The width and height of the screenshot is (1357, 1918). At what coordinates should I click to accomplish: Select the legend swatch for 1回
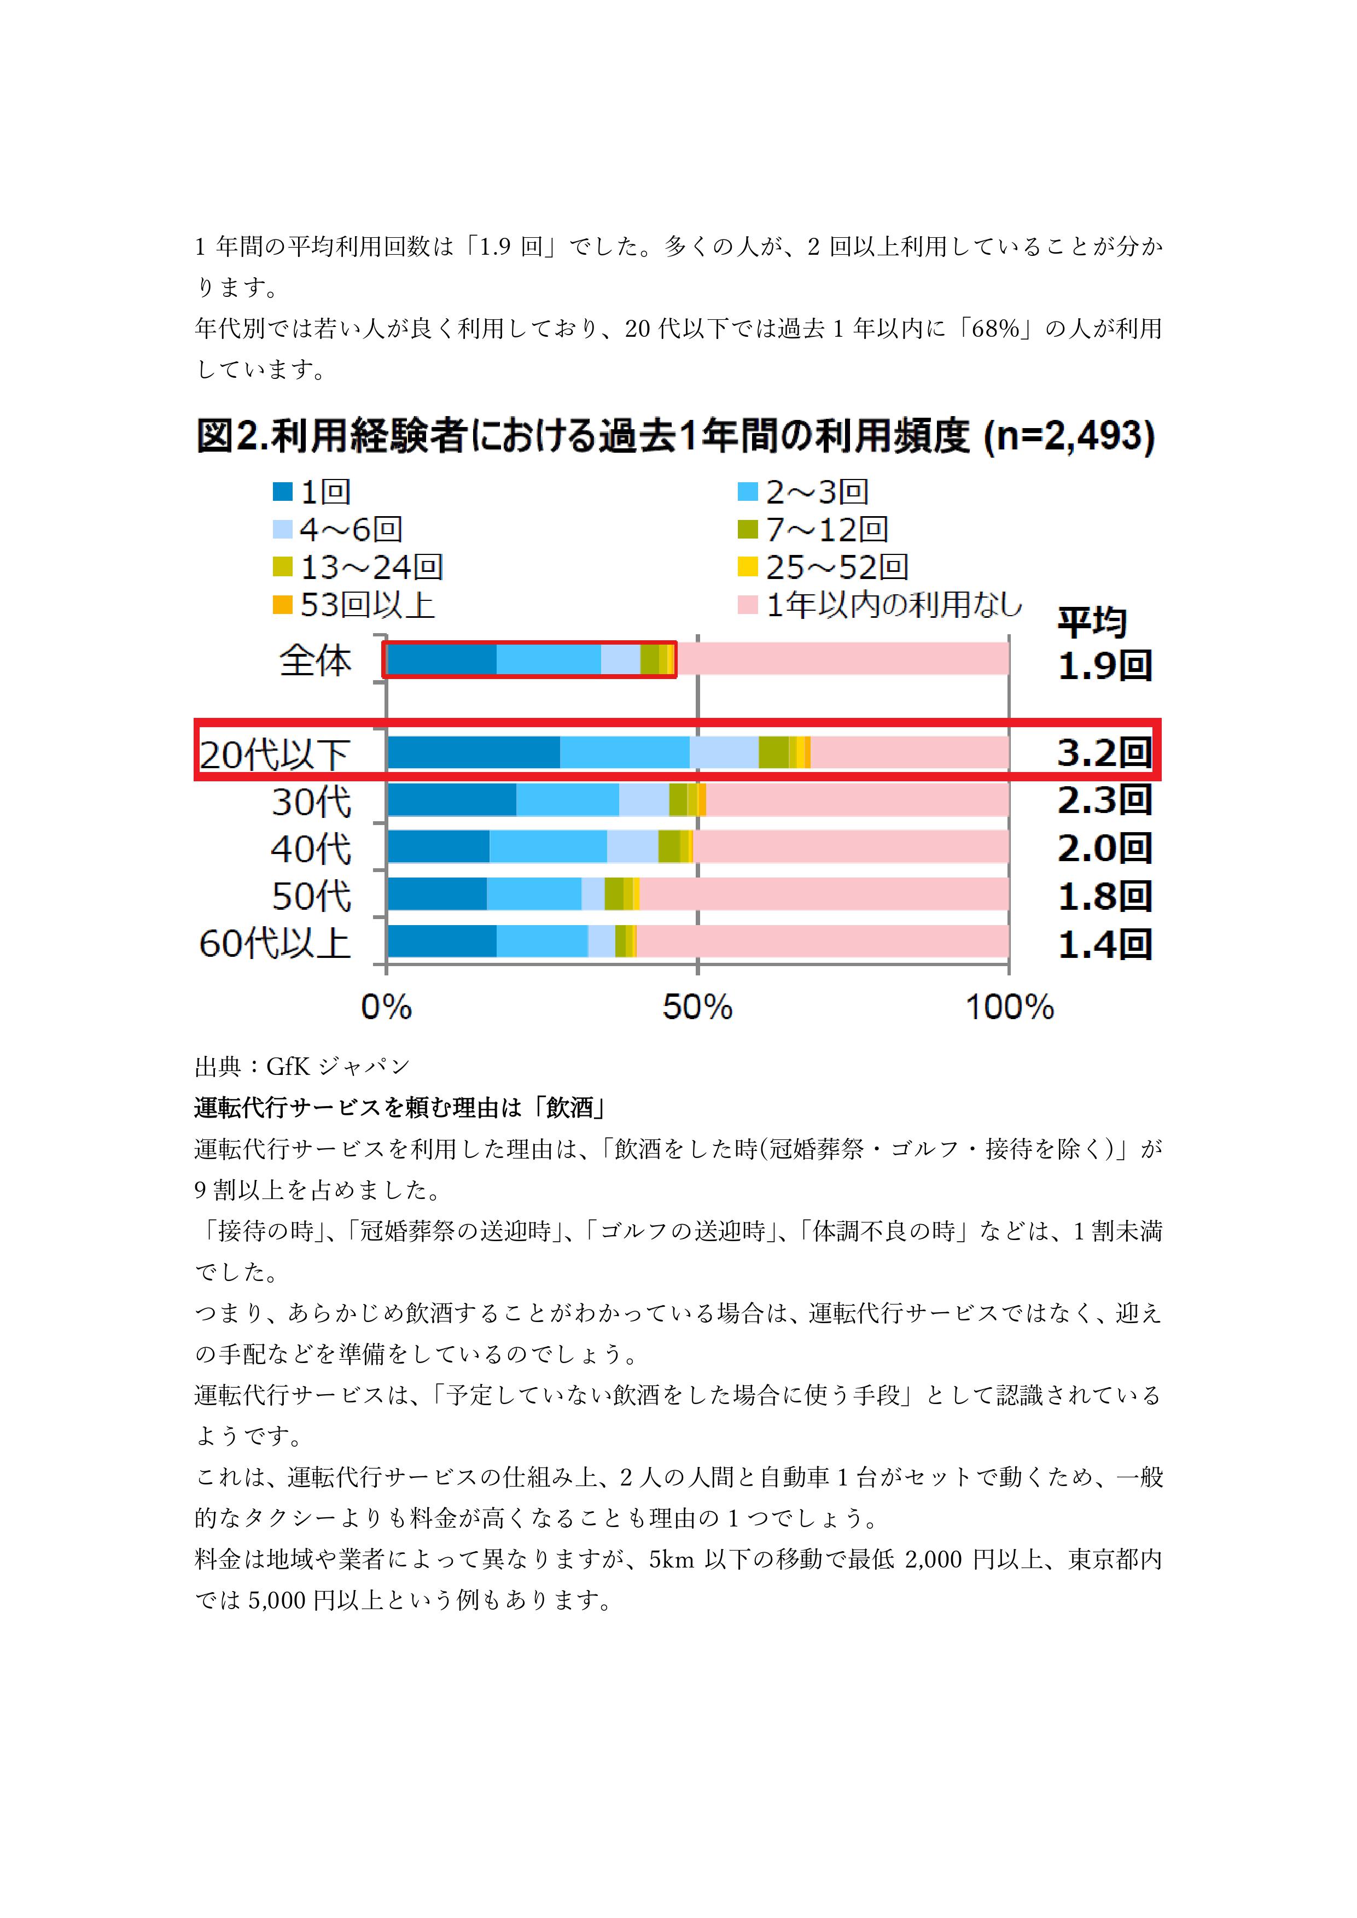tap(282, 492)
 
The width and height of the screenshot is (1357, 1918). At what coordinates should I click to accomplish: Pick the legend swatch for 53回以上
tap(282, 605)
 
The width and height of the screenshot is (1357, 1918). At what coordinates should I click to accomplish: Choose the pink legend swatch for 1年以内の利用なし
tap(748, 605)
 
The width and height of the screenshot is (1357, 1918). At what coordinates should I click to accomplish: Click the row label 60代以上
tap(275, 943)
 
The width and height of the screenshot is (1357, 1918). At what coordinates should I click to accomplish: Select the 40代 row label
tap(311, 849)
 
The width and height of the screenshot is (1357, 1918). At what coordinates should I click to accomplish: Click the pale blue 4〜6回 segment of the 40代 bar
tap(632, 847)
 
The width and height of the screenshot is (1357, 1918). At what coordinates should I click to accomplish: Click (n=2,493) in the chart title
tap(1069, 436)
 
